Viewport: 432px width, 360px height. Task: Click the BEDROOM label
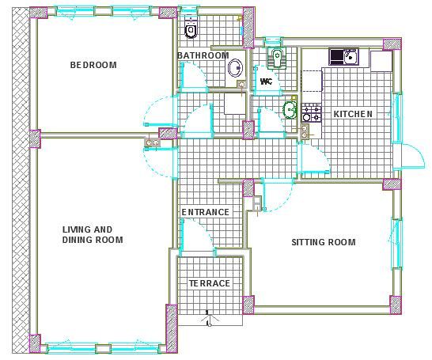93,65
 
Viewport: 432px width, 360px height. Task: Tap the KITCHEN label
353,114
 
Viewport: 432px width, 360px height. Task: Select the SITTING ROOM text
324,242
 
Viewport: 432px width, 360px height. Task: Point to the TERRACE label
210,283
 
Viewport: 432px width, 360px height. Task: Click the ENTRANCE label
205,212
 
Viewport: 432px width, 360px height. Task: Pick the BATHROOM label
203,55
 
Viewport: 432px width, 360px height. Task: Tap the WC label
266,81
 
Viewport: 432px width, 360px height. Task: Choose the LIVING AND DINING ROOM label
93,235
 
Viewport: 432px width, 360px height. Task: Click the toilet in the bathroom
191,28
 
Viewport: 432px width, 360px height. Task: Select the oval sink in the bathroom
236,67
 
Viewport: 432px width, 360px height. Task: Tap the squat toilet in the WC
277,57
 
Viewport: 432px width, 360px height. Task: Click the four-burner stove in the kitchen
312,113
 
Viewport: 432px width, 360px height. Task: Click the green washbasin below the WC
290,109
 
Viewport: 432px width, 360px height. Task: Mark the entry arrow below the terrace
209,318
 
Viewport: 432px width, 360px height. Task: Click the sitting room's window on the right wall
396,242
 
